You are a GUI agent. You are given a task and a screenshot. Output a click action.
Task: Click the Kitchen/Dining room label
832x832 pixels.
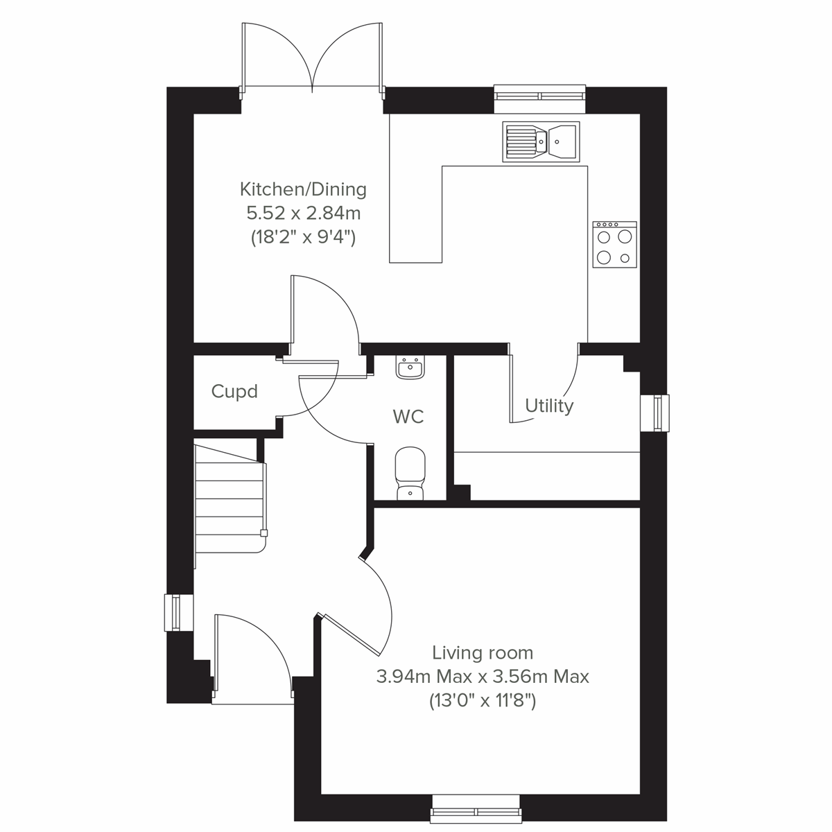point(303,189)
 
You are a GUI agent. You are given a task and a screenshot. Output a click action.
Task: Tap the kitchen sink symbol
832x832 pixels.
point(541,142)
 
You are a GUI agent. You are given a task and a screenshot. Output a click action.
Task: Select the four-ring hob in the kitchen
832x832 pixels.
point(615,244)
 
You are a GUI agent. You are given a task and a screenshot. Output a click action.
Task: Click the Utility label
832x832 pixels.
point(549,406)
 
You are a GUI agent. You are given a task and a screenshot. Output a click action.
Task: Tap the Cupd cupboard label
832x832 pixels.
point(234,392)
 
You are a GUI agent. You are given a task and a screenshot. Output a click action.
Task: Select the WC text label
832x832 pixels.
point(408,417)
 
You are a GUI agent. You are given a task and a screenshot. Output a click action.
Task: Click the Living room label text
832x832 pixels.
point(483,652)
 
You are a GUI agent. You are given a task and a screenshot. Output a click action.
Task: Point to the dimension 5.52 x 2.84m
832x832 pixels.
point(303,213)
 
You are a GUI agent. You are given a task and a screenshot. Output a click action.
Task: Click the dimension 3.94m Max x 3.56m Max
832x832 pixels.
point(483,676)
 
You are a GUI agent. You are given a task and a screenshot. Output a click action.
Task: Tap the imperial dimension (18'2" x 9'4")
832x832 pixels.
point(303,237)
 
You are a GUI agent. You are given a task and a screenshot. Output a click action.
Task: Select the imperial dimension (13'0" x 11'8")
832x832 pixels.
point(483,701)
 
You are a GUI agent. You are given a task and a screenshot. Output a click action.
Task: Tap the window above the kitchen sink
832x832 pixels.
point(540,98)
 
